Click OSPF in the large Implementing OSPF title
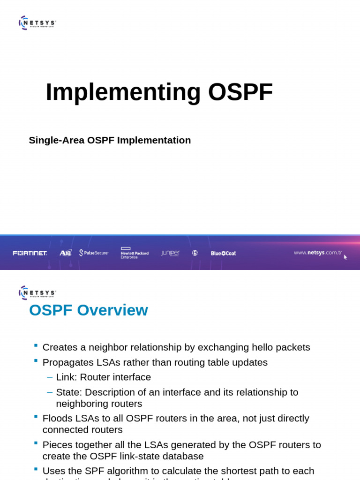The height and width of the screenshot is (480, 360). point(240,92)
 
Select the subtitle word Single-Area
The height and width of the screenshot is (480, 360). point(56,140)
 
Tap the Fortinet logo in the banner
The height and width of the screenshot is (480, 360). point(30,253)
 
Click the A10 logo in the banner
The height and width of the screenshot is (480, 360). point(66,253)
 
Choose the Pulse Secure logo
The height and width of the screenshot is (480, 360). point(94,253)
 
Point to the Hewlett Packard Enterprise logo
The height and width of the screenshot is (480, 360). point(135,253)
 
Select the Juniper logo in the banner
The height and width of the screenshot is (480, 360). point(170,253)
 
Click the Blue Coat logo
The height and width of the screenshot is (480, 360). point(223,253)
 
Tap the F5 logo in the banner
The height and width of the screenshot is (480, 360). point(195,253)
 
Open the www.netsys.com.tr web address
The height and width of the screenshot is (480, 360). point(318,253)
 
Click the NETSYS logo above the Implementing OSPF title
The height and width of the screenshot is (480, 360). point(37,22)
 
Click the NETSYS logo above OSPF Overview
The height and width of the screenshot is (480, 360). point(37,292)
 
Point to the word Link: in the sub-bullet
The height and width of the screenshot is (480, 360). point(67,377)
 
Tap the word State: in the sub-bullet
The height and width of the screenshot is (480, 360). point(69,392)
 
